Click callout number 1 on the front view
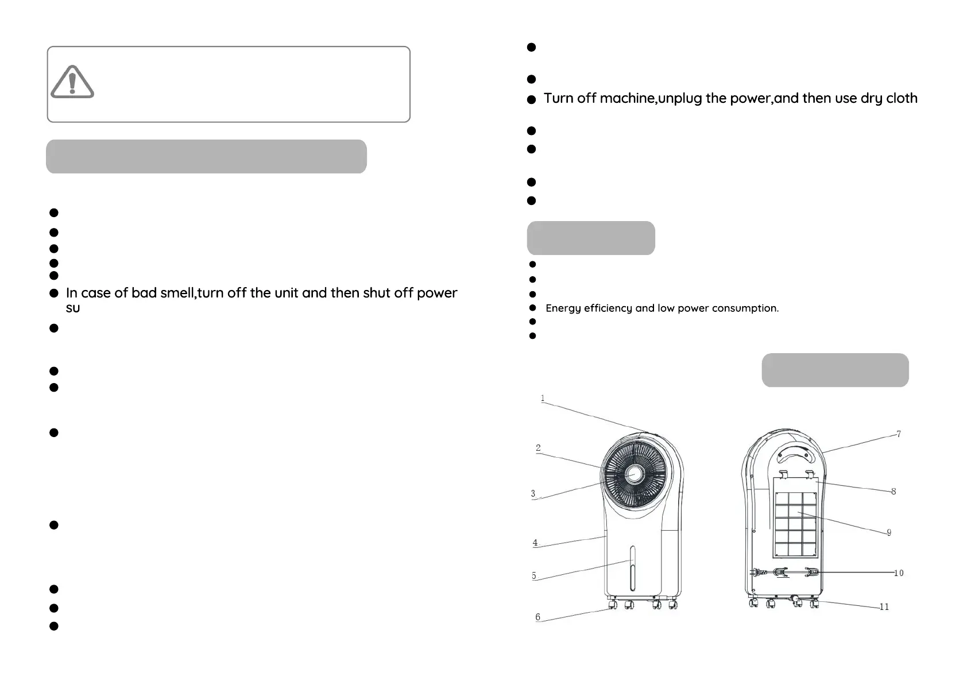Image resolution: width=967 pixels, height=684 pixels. click(x=543, y=398)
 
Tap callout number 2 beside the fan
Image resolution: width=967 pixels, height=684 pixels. click(x=538, y=448)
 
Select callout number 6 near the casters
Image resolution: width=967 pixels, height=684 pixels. click(x=537, y=617)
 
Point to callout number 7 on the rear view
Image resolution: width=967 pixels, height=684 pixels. click(x=899, y=434)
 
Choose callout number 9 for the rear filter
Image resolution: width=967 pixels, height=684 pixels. click(x=889, y=532)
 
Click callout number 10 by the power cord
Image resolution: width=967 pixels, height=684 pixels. click(x=899, y=573)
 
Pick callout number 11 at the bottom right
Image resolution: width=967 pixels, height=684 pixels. click(x=884, y=606)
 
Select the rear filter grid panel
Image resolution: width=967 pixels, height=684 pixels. click(x=795, y=523)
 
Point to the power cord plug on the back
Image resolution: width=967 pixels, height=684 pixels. click(x=757, y=572)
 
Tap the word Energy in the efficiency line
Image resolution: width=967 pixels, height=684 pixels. click(x=563, y=308)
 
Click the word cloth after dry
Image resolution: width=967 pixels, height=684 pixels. click(x=902, y=98)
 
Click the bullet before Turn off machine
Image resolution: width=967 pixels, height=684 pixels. click(x=531, y=99)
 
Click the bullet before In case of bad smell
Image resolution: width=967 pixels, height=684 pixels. click(x=54, y=293)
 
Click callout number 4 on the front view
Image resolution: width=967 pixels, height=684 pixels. click(x=535, y=542)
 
